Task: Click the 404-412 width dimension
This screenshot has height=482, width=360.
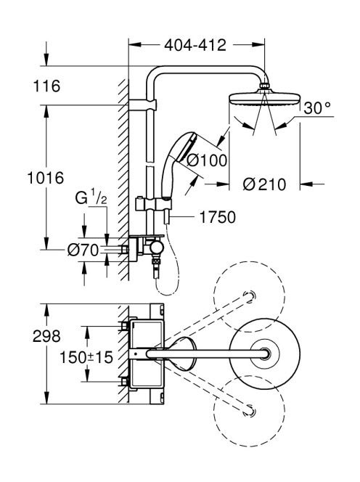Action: (x=195, y=46)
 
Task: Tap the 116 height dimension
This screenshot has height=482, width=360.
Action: (x=46, y=86)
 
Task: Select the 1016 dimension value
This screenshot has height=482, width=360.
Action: (x=46, y=178)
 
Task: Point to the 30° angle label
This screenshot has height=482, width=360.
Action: (x=317, y=108)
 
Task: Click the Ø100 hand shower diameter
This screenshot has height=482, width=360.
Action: (x=207, y=160)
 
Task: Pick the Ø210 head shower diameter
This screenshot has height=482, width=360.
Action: (x=264, y=184)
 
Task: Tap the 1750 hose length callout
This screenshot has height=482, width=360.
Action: (x=218, y=217)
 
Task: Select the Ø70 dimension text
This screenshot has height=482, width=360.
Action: (x=83, y=250)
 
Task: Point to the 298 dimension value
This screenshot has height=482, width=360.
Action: (x=46, y=336)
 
